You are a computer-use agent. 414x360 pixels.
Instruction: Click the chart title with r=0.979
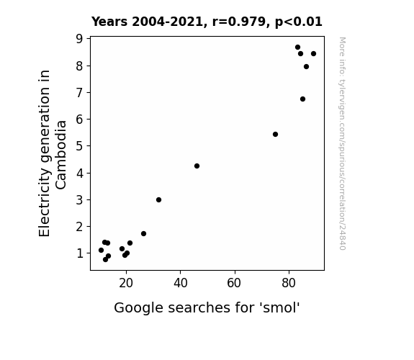click(x=207, y=22)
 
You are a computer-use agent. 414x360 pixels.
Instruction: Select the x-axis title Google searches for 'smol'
click(x=207, y=307)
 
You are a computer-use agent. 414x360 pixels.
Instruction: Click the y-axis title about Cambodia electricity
click(x=53, y=153)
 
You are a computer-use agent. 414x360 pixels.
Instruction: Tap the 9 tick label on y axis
click(x=79, y=39)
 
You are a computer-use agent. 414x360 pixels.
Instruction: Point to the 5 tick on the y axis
click(x=79, y=145)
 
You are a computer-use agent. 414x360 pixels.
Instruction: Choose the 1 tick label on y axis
click(x=80, y=253)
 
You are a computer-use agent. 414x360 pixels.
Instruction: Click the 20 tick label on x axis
click(x=126, y=283)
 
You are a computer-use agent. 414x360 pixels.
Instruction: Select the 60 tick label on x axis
click(x=234, y=283)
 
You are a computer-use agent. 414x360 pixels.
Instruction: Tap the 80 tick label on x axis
click(x=289, y=283)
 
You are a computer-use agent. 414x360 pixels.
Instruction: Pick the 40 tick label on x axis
click(x=181, y=283)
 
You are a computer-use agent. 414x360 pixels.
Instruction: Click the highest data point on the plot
click(x=297, y=48)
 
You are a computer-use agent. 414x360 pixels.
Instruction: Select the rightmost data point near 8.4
click(x=313, y=53)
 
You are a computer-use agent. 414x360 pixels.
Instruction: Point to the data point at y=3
click(x=158, y=199)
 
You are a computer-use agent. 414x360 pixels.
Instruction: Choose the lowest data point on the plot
click(x=105, y=260)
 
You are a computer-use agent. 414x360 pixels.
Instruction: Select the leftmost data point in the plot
click(x=101, y=250)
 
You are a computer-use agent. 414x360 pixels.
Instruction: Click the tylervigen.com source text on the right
click(x=342, y=143)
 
